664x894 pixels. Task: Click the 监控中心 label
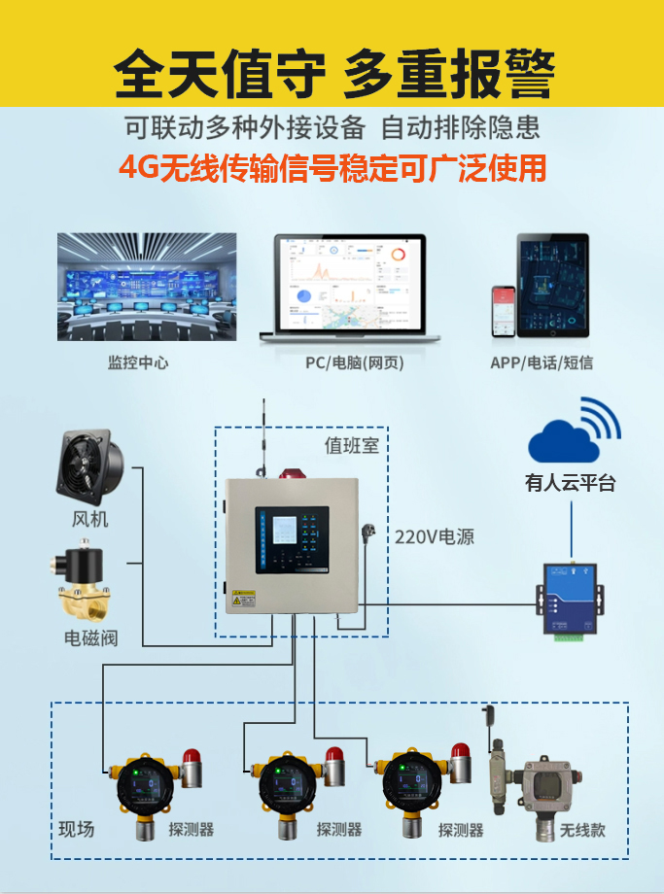138,363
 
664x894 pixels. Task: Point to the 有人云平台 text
571,483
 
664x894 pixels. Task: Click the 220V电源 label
435,536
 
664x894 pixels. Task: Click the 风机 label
90,519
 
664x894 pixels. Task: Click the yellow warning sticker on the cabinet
242,600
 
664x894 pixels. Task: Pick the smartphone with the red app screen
503,311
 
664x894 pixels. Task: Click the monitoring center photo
147,286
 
